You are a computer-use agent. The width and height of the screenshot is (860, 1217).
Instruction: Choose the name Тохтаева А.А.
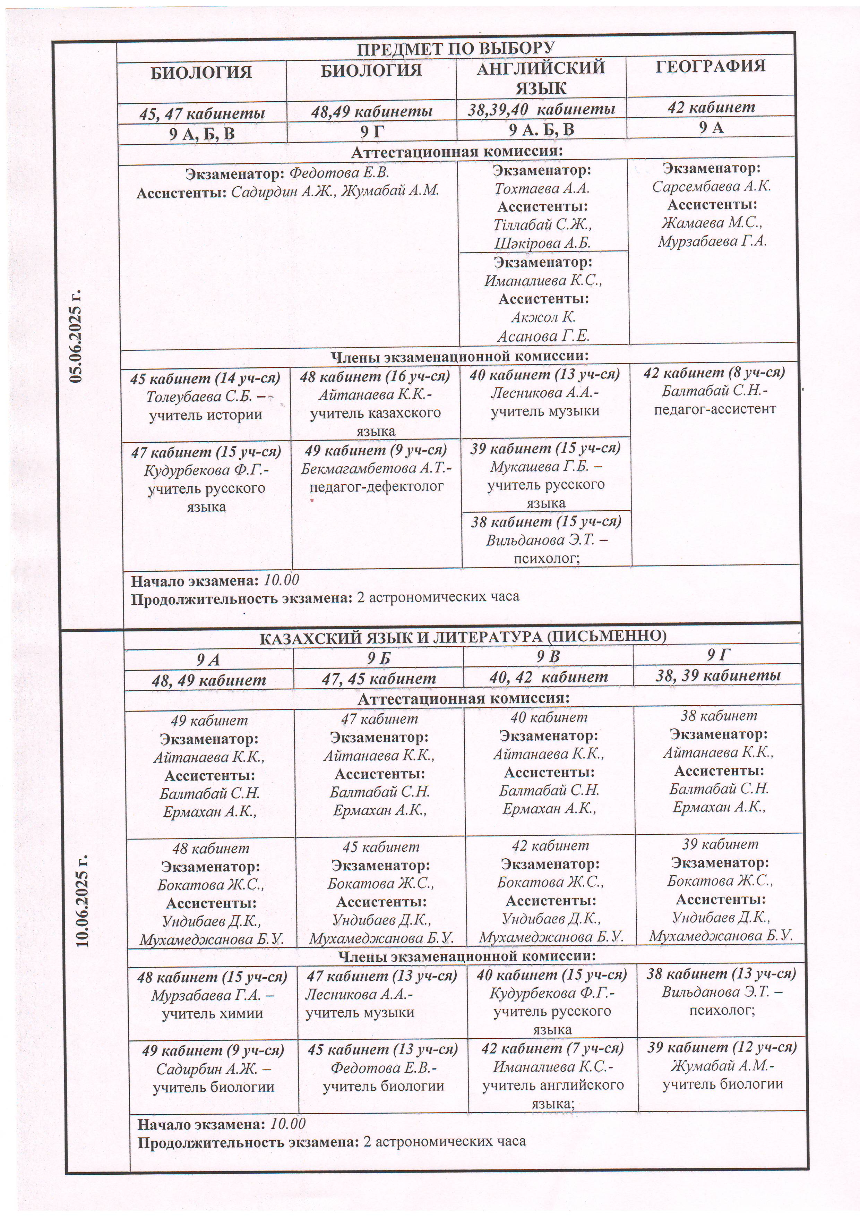click(x=542, y=188)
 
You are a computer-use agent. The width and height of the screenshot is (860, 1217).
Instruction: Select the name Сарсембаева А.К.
click(x=712, y=186)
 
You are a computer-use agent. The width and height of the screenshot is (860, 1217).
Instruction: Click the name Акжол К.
click(x=543, y=317)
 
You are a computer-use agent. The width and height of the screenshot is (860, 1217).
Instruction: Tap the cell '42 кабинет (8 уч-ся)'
click(x=714, y=373)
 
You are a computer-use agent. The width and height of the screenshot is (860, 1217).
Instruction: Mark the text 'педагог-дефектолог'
click(x=376, y=486)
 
